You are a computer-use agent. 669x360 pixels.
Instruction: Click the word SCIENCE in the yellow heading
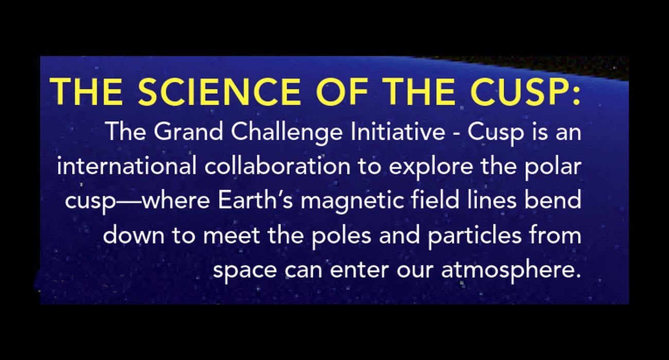point(220,92)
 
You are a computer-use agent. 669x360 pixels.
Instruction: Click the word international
point(127,166)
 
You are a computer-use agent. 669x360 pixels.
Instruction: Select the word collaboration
point(277,166)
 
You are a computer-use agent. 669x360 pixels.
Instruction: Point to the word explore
point(431,168)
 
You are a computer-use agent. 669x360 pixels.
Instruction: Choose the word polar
point(553,168)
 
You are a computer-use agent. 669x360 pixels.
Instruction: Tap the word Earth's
point(255,200)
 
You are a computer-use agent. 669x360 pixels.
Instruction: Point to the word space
point(245,271)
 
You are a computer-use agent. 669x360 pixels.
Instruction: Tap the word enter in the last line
point(360,270)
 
